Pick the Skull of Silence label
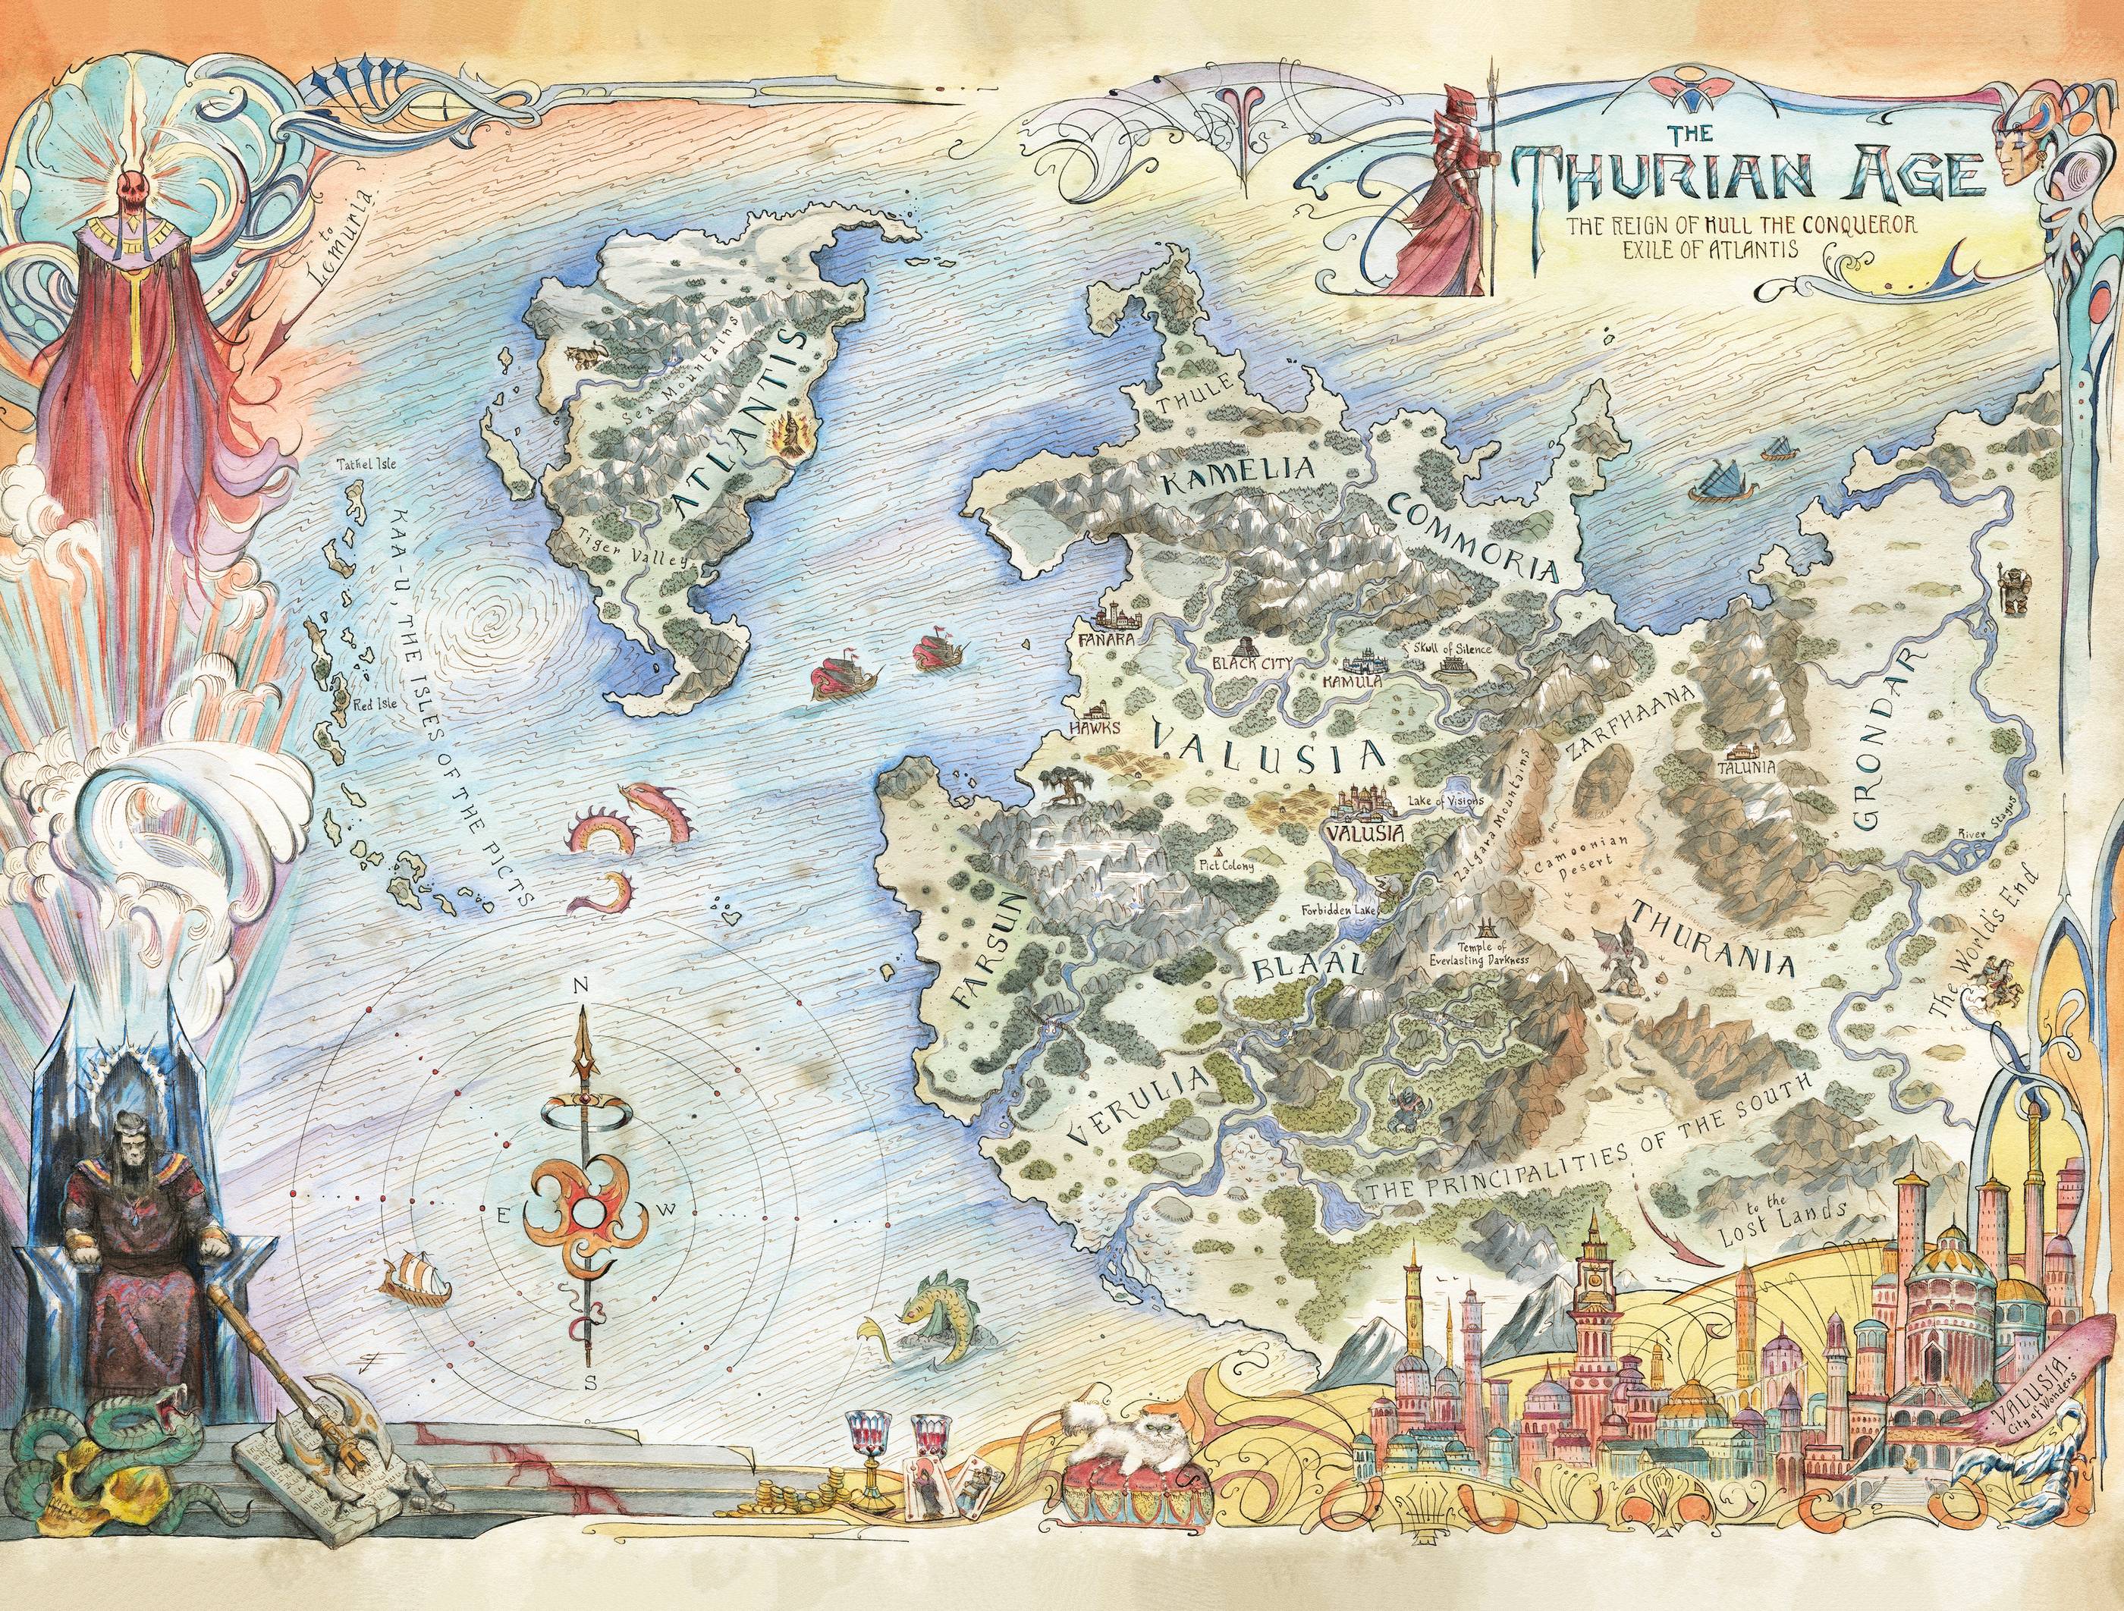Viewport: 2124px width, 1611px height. (1451, 649)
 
